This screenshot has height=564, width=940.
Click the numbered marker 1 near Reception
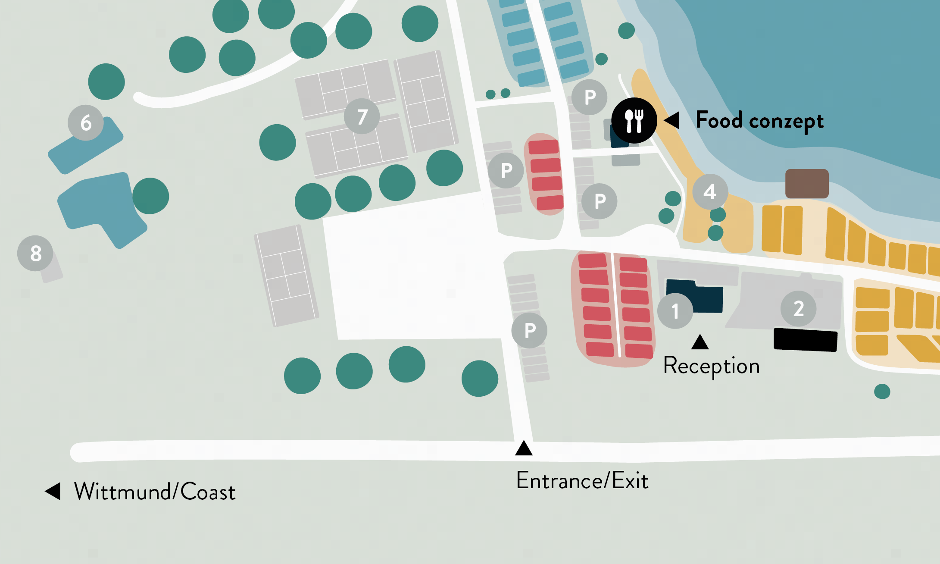point(675,311)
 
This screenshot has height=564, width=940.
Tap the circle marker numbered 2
point(799,309)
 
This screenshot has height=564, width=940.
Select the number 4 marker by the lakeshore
point(710,192)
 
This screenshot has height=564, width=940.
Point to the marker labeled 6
point(86,123)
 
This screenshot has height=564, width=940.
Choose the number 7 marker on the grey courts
point(362,116)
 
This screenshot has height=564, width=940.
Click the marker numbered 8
point(35,254)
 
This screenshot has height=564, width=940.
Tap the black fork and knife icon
point(634,121)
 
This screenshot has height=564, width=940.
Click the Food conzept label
point(759,121)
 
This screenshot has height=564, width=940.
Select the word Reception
point(711,366)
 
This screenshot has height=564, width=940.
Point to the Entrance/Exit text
point(582,480)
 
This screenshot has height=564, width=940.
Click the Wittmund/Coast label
point(155,492)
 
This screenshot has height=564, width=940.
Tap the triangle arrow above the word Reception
point(700,342)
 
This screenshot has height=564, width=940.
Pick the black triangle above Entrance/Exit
point(524,448)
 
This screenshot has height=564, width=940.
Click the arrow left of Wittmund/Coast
point(53,491)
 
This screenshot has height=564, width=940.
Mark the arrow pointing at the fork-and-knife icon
point(672,120)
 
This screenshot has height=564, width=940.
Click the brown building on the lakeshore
point(807,184)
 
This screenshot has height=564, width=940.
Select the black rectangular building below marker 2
point(806,340)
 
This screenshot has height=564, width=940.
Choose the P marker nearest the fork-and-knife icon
point(590,97)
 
